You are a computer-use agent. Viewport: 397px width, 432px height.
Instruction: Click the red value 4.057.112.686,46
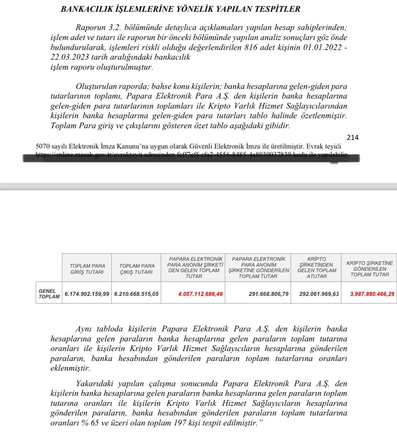pyautogui.click(x=200, y=294)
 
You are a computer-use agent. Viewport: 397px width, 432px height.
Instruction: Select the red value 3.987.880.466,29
pyautogui.click(x=372, y=294)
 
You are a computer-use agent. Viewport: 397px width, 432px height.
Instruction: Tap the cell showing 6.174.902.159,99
pyautogui.click(x=87, y=294)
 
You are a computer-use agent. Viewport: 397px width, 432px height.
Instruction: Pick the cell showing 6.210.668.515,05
pyautogui.click(x=137, y=294)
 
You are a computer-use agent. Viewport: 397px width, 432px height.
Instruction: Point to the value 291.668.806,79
pyautogui.click(x=269, y=294)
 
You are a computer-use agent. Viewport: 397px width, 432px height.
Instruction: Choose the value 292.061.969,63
pyautogui.click(x=319, y=294)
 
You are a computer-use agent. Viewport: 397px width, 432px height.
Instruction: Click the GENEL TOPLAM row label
pyautogui.click(x=49, y=294)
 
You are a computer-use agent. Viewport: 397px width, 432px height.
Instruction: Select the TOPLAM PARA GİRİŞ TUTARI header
pyautogui.click(x=87, y=269)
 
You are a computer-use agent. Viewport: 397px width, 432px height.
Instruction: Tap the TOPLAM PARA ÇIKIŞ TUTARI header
pyautogui.click(x=137, y=269)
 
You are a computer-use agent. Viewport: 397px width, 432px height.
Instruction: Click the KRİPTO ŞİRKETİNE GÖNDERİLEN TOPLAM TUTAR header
pyautogui.click(x=369, y=269)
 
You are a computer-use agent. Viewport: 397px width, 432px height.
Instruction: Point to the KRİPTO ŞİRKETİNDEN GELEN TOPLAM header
pyautogui.click(x=317, y=267)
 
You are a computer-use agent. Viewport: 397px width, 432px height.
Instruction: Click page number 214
pyautogui.click(x=353, y=137)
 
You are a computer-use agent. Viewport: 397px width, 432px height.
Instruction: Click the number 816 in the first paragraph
pyautogui.click(x=251, y=48)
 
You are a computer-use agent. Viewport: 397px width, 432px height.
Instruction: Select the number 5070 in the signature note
pyautogui.click(x=43, y=146)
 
